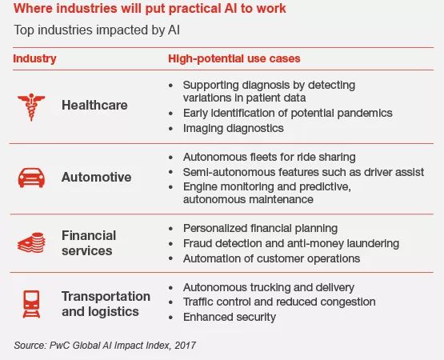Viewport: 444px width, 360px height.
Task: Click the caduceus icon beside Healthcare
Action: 31,107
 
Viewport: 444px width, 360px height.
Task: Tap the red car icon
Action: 31,178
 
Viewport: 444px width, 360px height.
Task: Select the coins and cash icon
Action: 31,242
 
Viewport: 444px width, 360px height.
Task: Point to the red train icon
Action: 31,304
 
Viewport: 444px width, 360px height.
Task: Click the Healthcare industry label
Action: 94,106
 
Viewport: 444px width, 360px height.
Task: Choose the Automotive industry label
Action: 96,178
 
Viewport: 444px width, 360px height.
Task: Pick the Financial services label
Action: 89,243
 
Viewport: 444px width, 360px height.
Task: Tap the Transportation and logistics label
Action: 106,304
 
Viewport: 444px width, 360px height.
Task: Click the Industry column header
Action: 34,59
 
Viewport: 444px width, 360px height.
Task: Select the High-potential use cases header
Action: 234,58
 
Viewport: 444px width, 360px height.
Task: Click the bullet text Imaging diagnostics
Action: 234,128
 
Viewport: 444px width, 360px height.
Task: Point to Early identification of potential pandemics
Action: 288,113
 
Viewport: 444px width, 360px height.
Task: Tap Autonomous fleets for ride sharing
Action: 270,157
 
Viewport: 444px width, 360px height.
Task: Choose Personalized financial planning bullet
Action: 260,228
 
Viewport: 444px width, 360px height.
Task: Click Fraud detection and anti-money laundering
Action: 291,243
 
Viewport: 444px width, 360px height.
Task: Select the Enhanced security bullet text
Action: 230,317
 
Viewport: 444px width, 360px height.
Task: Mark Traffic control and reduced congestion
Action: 279,302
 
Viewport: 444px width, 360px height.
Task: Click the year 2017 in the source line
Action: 185,346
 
